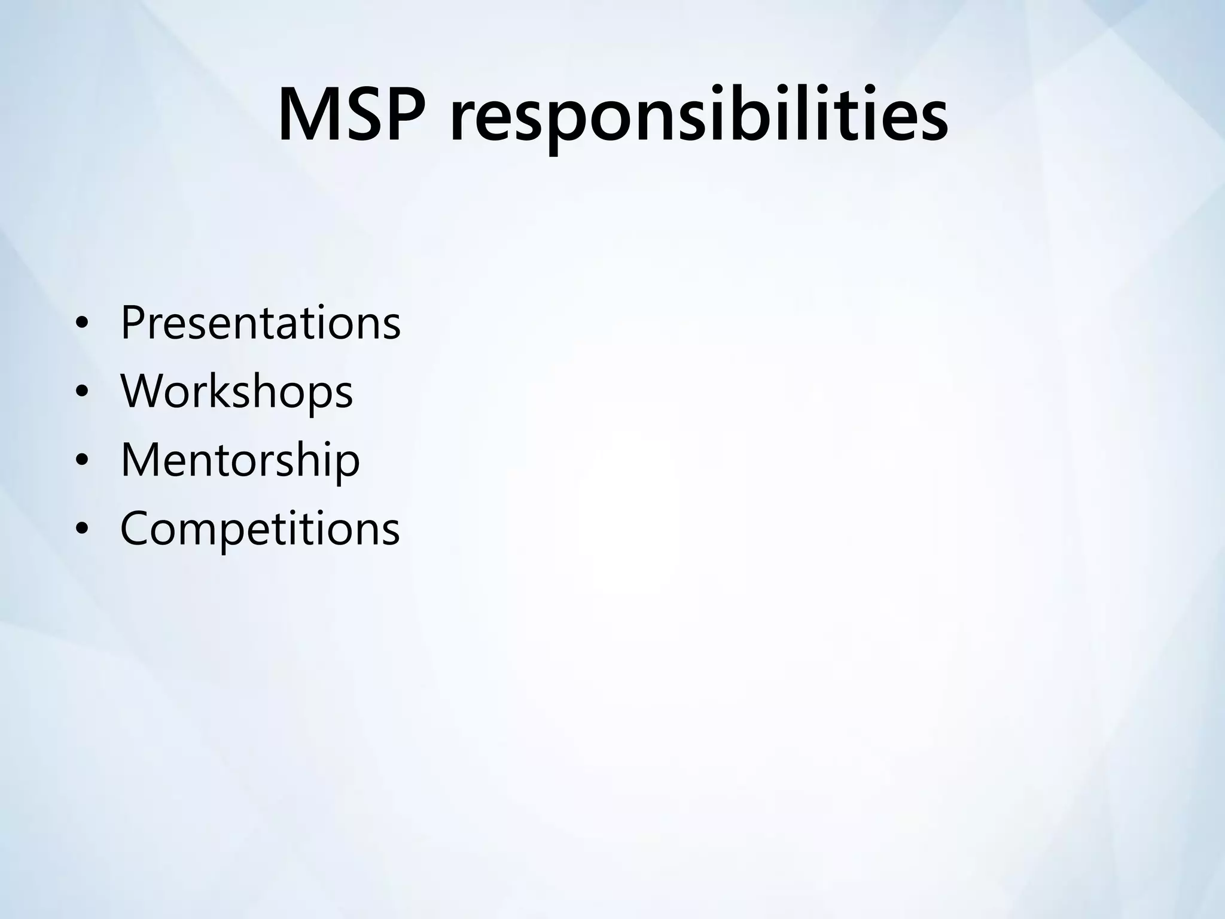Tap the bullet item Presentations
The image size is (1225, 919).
(x=260, y=322)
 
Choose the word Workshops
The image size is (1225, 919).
(x=237, y=391)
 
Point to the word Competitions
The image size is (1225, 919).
(x=260, y=528)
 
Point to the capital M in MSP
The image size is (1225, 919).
(x=313, y=114)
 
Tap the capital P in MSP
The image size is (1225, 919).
(x=416, y=114)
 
